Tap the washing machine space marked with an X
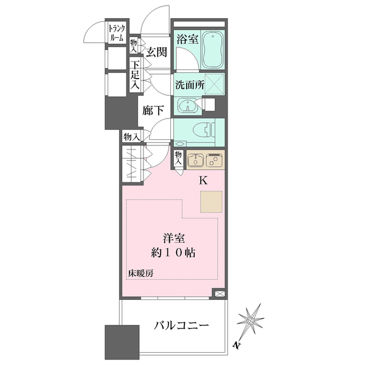click(x=214, y=83)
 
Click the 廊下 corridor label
click(x=153, y=111)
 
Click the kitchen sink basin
click(x=195, y=160)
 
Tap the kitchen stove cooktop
click(x=214, y=160)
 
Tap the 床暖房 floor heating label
click(x=140, y=273)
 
